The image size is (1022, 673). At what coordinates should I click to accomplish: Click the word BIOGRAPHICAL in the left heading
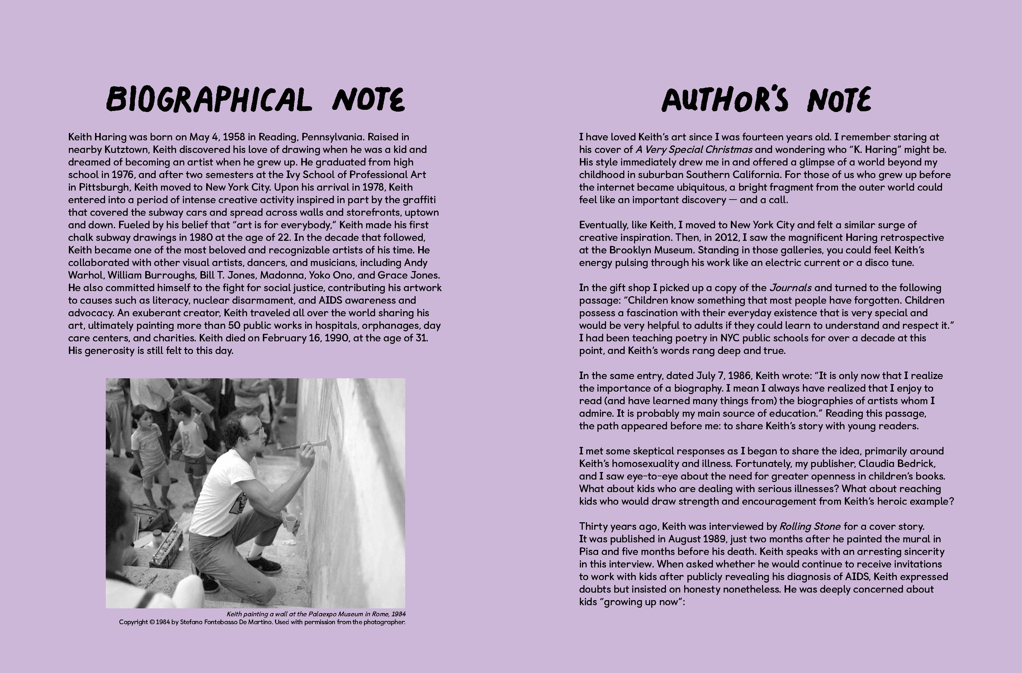(209, 99)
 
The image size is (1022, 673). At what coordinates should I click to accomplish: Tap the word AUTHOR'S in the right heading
(725, 99)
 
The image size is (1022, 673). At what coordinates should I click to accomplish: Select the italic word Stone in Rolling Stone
(827, 527)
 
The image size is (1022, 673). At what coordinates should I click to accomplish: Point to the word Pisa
(589, 551)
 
